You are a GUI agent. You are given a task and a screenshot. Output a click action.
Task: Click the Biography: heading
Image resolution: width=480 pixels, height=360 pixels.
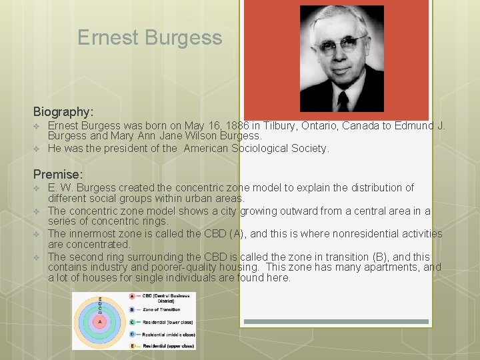pos(63,111)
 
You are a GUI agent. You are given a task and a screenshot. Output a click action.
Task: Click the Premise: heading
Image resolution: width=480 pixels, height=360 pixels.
pos(58,174)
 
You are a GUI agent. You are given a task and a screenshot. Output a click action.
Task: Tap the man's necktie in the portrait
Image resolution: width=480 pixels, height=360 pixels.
pos(343,99)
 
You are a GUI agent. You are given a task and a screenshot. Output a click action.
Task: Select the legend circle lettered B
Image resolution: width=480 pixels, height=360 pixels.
pos(132,309)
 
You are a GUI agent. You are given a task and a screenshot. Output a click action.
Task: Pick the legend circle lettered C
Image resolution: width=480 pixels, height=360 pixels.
pos(132,322)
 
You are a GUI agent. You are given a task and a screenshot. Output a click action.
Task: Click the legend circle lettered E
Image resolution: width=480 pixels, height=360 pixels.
pos(132,345)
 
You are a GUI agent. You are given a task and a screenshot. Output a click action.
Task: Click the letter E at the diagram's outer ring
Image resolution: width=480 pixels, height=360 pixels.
pos(100,298)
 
